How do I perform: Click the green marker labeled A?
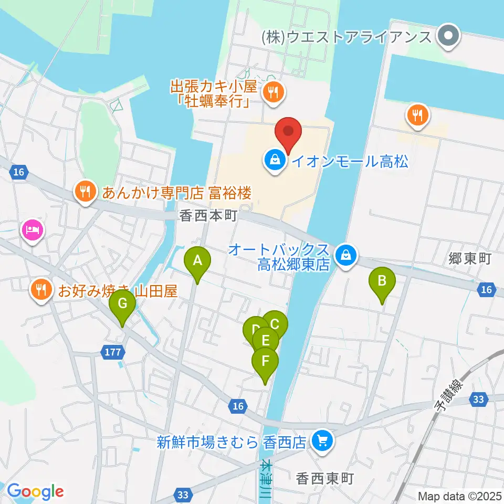click(x=197, y=261)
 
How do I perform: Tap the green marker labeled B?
click(x=382, y=281)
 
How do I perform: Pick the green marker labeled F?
click(x=265, y=362)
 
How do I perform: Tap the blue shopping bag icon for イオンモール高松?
click(x=274, y=160)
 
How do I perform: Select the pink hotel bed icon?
click(x=32, y=230)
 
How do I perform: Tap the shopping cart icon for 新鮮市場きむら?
click(x=321, y=440)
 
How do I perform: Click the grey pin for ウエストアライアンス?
click(x=449, y=37)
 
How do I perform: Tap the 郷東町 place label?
click(x=469, y=258)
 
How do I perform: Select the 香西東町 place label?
click(x=325, y=479)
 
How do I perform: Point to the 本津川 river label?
click(x=266, y=478)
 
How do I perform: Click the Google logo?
click(x=35, y=492)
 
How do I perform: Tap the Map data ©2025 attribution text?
click(x=459, y=496)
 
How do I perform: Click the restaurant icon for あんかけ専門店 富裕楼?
click(x=85, y=192)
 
